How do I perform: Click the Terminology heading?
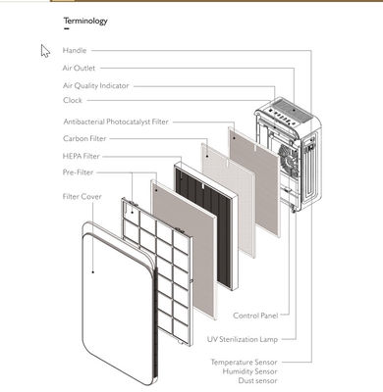[85, 21]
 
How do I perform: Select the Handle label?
[75, 50]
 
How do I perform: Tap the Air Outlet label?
[79, 68]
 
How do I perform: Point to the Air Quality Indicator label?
[96, 86]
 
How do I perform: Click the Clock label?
[73, 100]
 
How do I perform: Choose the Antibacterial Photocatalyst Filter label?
[116, 122]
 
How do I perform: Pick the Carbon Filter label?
[84, 138]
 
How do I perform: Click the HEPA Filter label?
[81, 156]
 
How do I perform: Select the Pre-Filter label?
[78, 172]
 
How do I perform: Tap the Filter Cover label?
[82, 196]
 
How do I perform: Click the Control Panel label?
[255, 316]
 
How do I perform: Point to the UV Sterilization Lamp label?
[243, 339]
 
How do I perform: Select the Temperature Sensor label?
[244, 363]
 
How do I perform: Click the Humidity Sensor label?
[249, 371]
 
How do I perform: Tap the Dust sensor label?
[257, 380]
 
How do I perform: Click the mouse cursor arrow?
[45, 51]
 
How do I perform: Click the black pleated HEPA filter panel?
[204, 225]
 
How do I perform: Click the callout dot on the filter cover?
[93, 271]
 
